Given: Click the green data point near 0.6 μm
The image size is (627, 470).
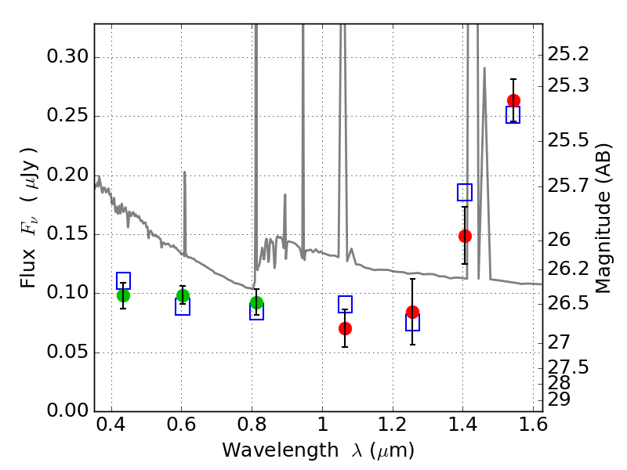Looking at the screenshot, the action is [183, 296].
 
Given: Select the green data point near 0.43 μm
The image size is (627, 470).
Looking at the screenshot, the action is [123, 296].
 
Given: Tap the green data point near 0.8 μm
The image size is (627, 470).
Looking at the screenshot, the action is [257, 303].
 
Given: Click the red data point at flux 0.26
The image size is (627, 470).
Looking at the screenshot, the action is [513, 100].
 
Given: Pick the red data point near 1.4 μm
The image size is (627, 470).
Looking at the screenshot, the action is [465, 237].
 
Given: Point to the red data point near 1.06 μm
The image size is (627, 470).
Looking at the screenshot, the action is [345, 328].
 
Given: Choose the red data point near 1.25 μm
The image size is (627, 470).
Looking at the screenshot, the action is [413, 312].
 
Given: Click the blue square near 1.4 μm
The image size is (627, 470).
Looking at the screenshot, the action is [465, 192].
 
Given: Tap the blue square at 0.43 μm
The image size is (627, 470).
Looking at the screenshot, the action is [123, 280].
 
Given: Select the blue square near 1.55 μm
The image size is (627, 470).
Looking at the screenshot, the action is [513, 114].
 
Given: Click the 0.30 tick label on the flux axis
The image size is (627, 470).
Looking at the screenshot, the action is [67, 56].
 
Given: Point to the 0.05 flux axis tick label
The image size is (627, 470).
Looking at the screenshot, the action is [67, 352].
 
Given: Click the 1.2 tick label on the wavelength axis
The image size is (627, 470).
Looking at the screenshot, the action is [393, 425].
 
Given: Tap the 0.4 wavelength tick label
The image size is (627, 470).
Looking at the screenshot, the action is [111, 425].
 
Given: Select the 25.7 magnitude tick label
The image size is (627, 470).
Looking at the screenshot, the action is [568, 186].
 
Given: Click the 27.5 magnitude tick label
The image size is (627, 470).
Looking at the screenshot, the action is [568, 367].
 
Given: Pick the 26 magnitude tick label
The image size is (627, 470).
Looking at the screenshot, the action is [559, 240].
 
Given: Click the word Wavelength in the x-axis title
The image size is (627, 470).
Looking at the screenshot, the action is [281, 450].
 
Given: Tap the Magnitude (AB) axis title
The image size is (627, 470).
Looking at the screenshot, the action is [603, 219].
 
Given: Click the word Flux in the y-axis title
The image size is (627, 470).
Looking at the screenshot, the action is [28, 269].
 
